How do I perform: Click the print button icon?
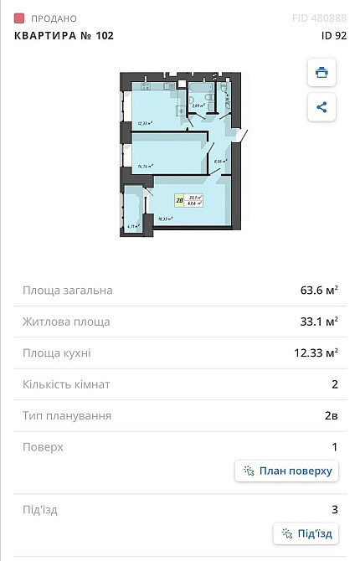(321, 72)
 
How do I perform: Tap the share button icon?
(321, 107)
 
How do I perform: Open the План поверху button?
(287, 471)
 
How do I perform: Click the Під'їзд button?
(306, 533)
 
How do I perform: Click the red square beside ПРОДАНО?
(19, 18)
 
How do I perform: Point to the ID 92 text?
(333, 35)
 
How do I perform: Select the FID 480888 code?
(319, 18)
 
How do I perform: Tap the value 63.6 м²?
(319, 291)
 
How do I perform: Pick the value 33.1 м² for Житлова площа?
(319, 322)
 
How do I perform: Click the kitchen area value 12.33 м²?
(316, 353)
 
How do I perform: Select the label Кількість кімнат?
(66, 384)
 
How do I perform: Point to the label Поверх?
(43, 447)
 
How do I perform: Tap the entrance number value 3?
(335, 509)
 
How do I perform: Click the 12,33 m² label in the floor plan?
(144, 123)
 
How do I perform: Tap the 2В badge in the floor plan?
(180, 199)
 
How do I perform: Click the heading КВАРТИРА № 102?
(64, 35)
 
